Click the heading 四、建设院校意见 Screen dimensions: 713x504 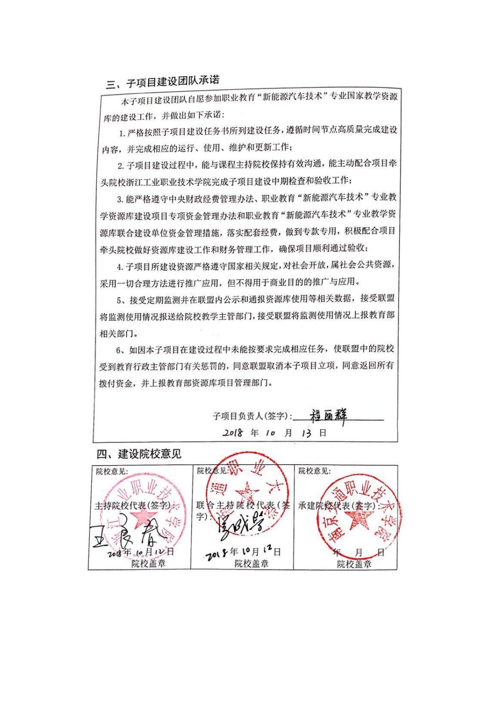[x=139, y=454]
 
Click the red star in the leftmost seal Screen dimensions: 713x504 [x=144, y=517]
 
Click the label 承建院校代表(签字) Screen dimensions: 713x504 [x=339, y=506]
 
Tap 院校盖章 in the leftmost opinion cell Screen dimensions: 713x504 [x=148, y=563]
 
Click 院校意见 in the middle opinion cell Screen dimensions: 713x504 [x=212, y=471]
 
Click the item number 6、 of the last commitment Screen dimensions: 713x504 [x=121, y=350]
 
